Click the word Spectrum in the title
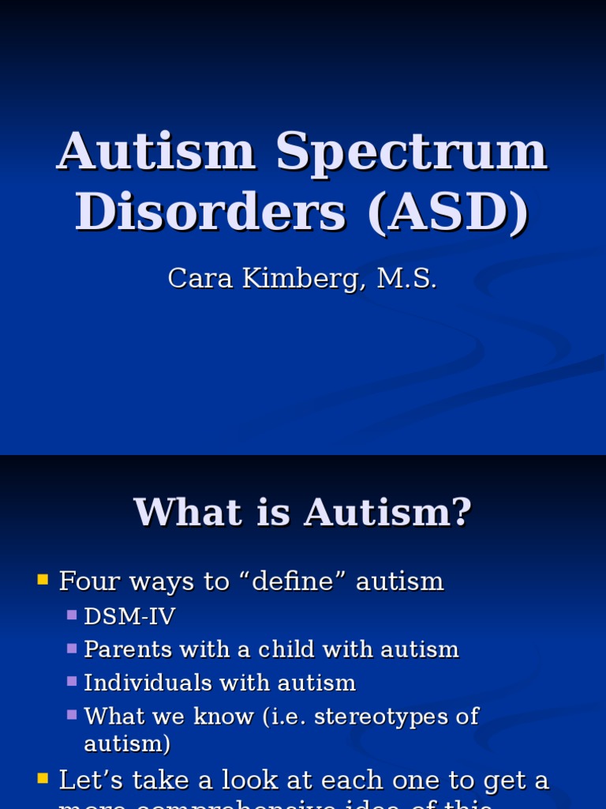point(411,152)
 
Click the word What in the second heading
point(179,512)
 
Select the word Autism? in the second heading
point(387,512)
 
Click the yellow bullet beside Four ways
point(43,581)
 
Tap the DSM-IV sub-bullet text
point(129,616)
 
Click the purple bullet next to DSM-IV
point(72,614)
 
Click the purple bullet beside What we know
point(72,714)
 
